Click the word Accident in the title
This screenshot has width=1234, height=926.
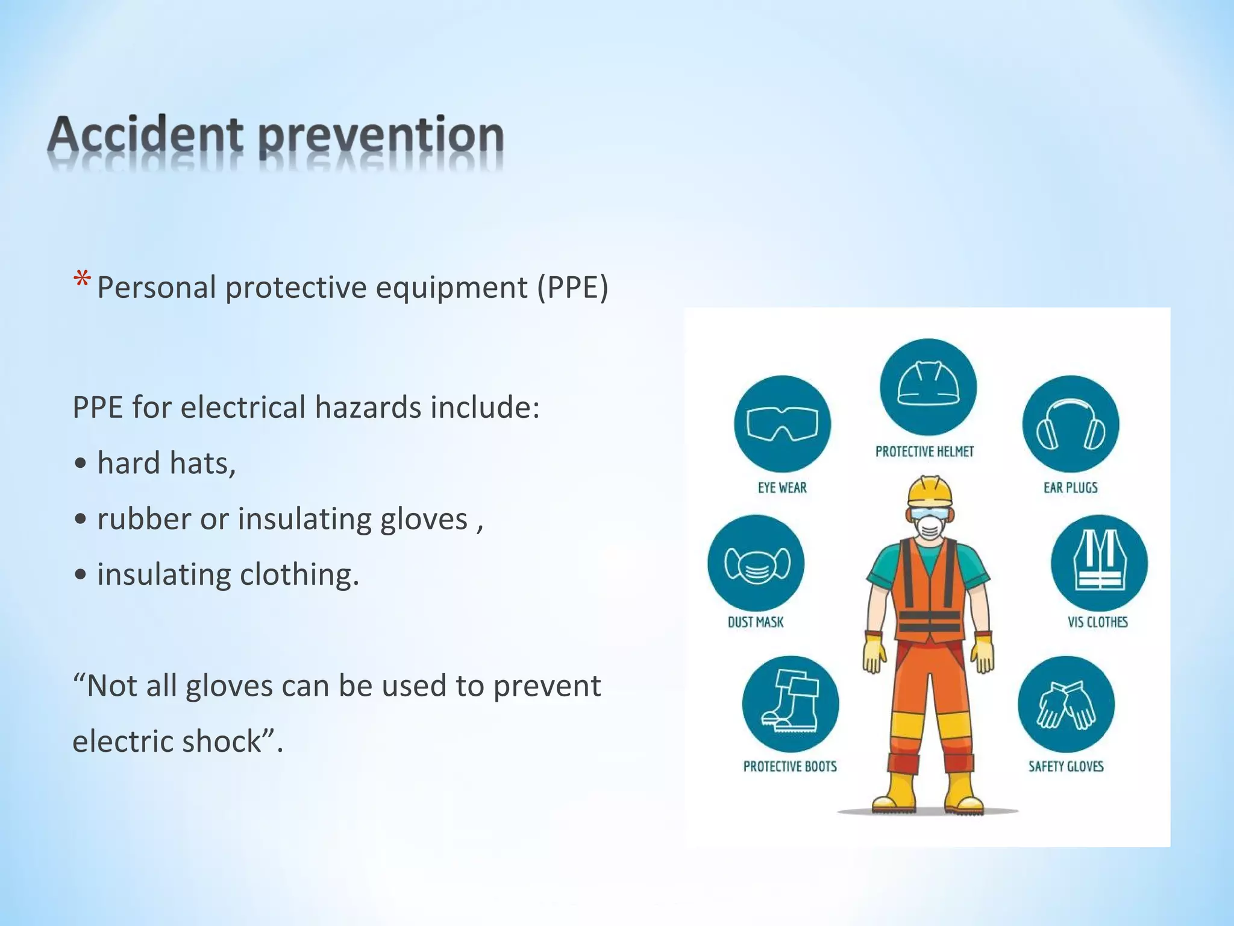(145, 136)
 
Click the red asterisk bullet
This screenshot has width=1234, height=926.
(82, 280)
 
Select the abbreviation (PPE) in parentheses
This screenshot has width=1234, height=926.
(572, 287)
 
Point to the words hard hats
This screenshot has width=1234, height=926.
(166, 464)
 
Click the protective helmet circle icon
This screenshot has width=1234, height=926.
(928, 386)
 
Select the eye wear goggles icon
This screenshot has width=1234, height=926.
(782, 424)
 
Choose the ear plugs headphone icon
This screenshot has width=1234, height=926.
(1071, 424)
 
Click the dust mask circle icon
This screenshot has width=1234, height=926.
(756, 563)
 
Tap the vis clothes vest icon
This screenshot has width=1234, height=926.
(1099, 563)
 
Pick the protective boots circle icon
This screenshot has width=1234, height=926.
(790, 704)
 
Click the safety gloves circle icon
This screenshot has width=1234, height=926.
(1066, 704)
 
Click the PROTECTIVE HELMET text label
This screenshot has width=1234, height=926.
(924, 452)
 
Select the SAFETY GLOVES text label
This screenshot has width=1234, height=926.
(1065, 766)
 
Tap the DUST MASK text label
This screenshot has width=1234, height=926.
(756, 622)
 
